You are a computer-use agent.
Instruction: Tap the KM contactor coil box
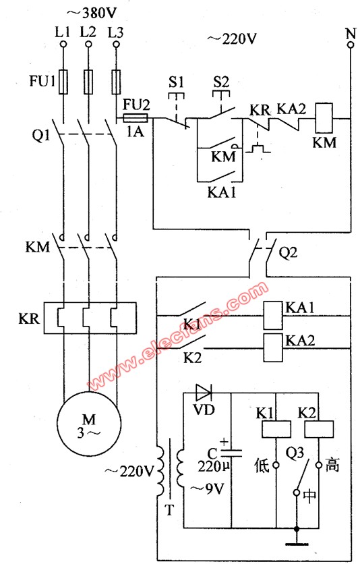(x=324, y=118)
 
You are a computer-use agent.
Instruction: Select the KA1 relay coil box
(x=272, y=316)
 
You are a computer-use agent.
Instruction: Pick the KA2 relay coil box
(x=272, y=347)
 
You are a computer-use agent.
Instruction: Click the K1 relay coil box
(x=276, y=429)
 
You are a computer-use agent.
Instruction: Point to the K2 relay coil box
(x=319, y=429)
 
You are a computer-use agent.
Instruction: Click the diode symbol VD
(x=204, y=393)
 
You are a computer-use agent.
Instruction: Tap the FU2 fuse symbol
(x=136, y=118)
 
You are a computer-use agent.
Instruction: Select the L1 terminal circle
(x=63, y=45)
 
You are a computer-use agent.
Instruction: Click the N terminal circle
(x=351, y=45)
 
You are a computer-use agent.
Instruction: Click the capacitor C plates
(x=231, y=453)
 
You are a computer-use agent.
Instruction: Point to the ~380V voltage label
(x=92, y=13)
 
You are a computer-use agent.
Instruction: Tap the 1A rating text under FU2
(x=135, y=132)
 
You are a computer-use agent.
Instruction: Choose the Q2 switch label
(x=288, y=253)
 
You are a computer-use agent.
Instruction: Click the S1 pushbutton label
(x=176, y=82)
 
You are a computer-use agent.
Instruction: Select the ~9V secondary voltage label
(x=207, y=488)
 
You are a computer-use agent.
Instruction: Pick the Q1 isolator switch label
(x=41, y=136)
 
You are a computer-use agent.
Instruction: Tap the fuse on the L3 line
(x=116, y=82)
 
